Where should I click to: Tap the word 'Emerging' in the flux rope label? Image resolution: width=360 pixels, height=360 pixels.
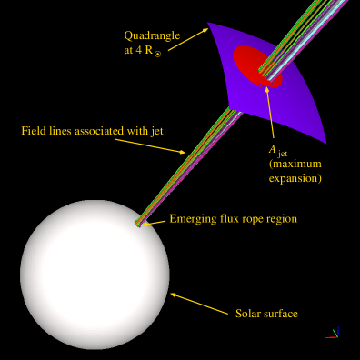[193, 219]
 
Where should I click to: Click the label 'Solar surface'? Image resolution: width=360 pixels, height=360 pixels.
[266, 314]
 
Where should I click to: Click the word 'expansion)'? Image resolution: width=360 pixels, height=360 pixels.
[295, 180]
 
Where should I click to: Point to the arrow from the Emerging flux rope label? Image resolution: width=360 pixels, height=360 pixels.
[156, 221]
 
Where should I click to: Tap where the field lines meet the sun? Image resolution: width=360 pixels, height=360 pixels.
[139, 223]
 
